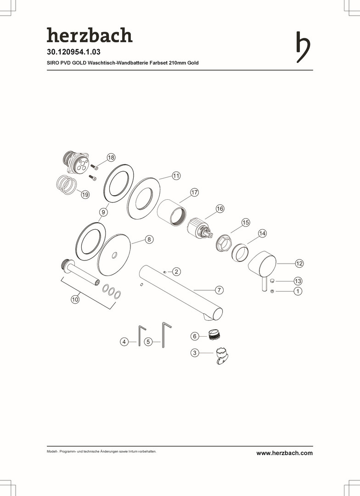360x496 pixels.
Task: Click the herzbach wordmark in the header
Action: [90, 35]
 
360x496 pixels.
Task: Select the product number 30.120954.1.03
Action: [74, 51]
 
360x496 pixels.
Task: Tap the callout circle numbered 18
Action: [111, 158]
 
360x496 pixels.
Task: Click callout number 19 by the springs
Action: [85, 195]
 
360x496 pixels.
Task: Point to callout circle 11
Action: [176, 176]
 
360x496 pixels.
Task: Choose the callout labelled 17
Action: [194, 192]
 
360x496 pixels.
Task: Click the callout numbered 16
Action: [220, 209]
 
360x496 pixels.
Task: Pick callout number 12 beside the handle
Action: [299, 263]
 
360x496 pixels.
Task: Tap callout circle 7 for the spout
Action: [219, 290]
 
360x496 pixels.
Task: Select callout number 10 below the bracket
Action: [75, 299]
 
